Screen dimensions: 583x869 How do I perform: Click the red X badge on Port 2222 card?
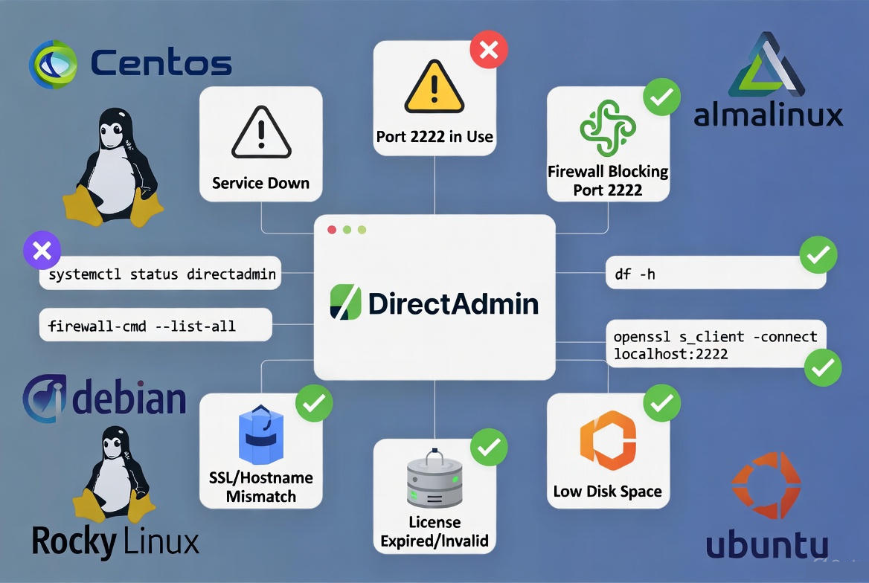pyautogui.click(x=489, y=50)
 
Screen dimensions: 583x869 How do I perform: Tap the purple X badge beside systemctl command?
pyautogui.click(x=42, y=250)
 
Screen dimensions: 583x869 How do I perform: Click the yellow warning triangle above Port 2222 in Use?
pyautogui.click(x=434, y=87)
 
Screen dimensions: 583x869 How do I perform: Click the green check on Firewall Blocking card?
pyautogui.click(x=661, y=97)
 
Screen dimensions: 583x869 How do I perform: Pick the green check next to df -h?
pyautogui.click(x=818, y=255)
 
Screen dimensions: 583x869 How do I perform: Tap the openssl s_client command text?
pyautogui.click(x=715, y=346)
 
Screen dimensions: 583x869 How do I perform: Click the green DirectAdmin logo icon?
pyautogui.click(x=344, y=303)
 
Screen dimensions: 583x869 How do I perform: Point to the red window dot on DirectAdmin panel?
pyautogui.click(x=333, y=230)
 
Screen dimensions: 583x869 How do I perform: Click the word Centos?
pyautogui.click(x=161, y=63)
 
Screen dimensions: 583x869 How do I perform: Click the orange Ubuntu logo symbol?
pyautogui.click(x=766, y=485)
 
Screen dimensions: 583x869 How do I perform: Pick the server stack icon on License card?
pyautogui.click(x=434, y=479)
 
